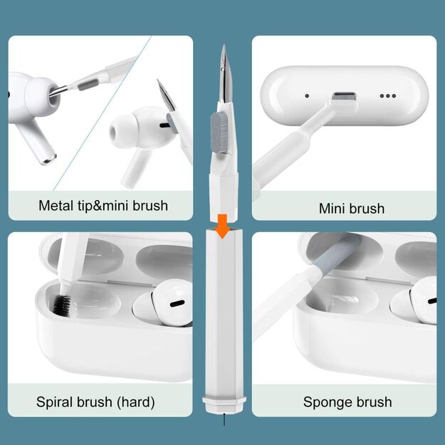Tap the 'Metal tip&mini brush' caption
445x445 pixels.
click(103, 206)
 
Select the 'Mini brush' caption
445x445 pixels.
click(352, 209)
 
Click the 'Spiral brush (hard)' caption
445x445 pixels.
click(95, 402)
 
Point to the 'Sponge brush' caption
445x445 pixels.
click(347, 402)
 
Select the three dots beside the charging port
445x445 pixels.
click(387, 95)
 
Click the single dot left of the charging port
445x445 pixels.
click(307, 95)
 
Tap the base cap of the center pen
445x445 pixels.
click(224, 407)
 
